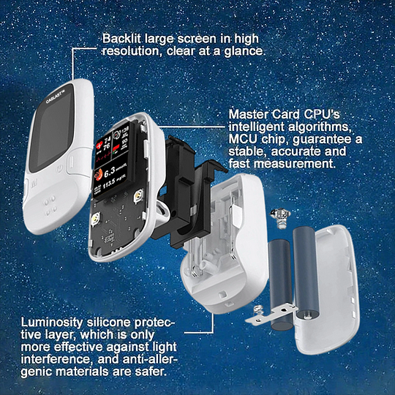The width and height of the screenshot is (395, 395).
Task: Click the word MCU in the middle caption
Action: coord(244,139)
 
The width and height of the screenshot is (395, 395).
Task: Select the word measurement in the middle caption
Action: coord(292,165)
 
